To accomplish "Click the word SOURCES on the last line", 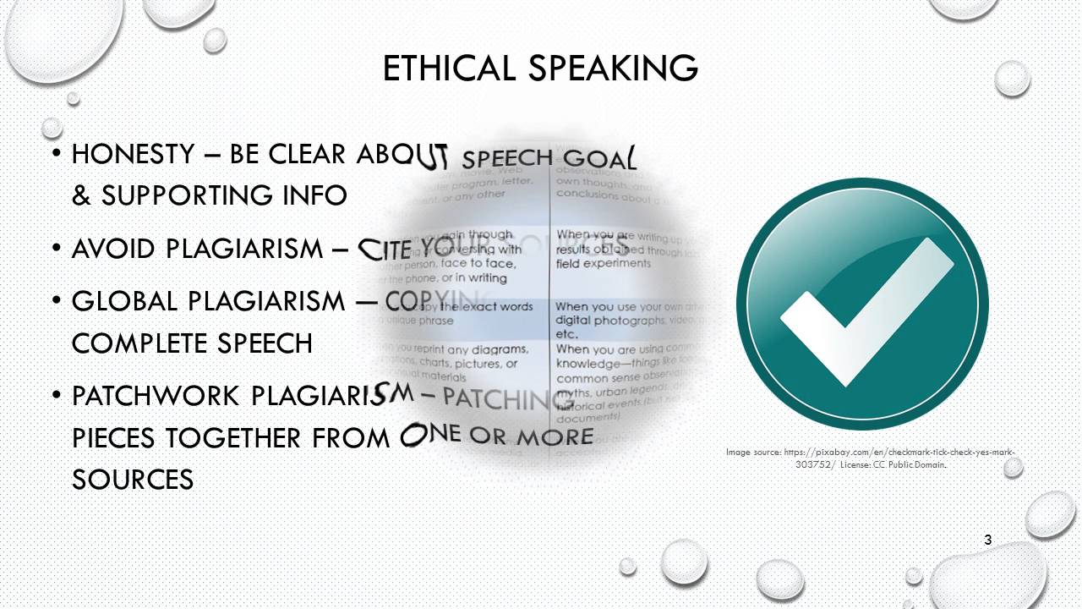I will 133,480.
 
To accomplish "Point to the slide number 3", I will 988,540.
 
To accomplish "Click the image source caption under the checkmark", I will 873,458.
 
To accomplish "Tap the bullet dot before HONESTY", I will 56,155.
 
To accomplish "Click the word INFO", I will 316,196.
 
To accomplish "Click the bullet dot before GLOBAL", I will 56,301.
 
